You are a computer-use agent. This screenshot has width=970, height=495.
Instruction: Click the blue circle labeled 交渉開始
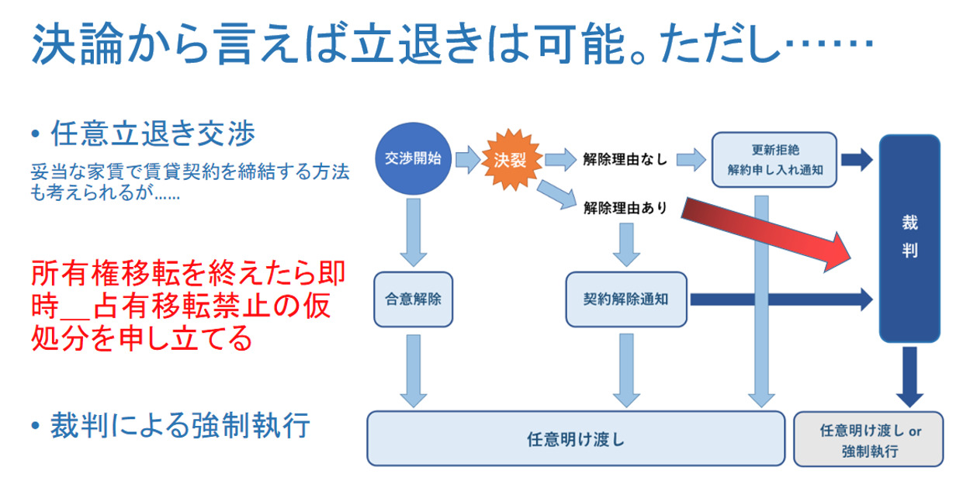pyautogui.click(x=413, y=159)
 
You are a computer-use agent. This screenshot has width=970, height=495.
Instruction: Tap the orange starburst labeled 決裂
pyautogui.click(x=510, y=160)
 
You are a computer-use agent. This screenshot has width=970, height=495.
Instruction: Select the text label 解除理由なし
pyautogui.click(x=625, y=161)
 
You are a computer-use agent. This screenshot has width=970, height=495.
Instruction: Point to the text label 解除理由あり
pyautogui.click(x=625, y=207)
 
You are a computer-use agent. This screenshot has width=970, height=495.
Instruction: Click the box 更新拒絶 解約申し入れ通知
pyautogui.click(x=774, y=160)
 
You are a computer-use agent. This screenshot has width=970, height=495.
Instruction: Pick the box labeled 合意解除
pyautogui.click(x=413, y=299)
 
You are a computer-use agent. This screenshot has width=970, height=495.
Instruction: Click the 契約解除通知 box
pyautogui.click(x=626, y=299)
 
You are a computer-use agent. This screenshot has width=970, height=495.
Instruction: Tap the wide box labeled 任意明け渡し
pyautogui.click(x=575, y=438)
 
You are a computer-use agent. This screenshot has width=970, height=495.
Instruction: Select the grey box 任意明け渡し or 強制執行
pyautogui.click(x=870, y=439)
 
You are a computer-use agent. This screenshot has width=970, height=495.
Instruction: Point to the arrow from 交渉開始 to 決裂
pyautogui.click(x=467, y=160)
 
